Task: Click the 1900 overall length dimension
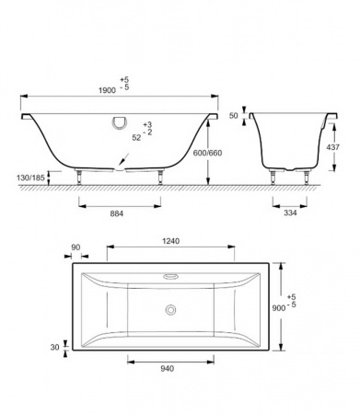pyautogui.click(x=107, y=90)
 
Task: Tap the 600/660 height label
pyautogui.click(x=207, y=153)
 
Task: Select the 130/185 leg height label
pyautogui.click(x=30, y=178)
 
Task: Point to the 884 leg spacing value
pyautogui.click(x=117, y=213)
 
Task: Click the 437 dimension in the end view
pyautogui.click(x=332, y=147)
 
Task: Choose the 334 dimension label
pyautogui.click(x=290, y=213)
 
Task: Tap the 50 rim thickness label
pyautogui.click(x=234, y=116)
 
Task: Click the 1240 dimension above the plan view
pyautogui.click(x=170, y=241)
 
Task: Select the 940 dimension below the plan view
pyautogui.click(x=168, y=368)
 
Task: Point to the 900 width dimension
pyautogui.click(x=279, y=308)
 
